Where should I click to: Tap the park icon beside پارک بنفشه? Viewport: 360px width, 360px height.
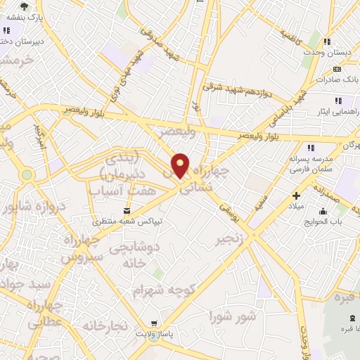pyautogui.click(x=25, y=6)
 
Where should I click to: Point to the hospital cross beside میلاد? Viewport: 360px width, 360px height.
pyautogui.click(x=296, y=195)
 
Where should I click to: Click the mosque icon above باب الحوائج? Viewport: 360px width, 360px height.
pyautogui.click(x=323, y=211)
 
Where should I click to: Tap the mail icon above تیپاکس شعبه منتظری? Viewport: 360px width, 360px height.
pyautogui.click(x=127, y=210)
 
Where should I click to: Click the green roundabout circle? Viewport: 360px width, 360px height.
pyautogui.click(x=27, y=174)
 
